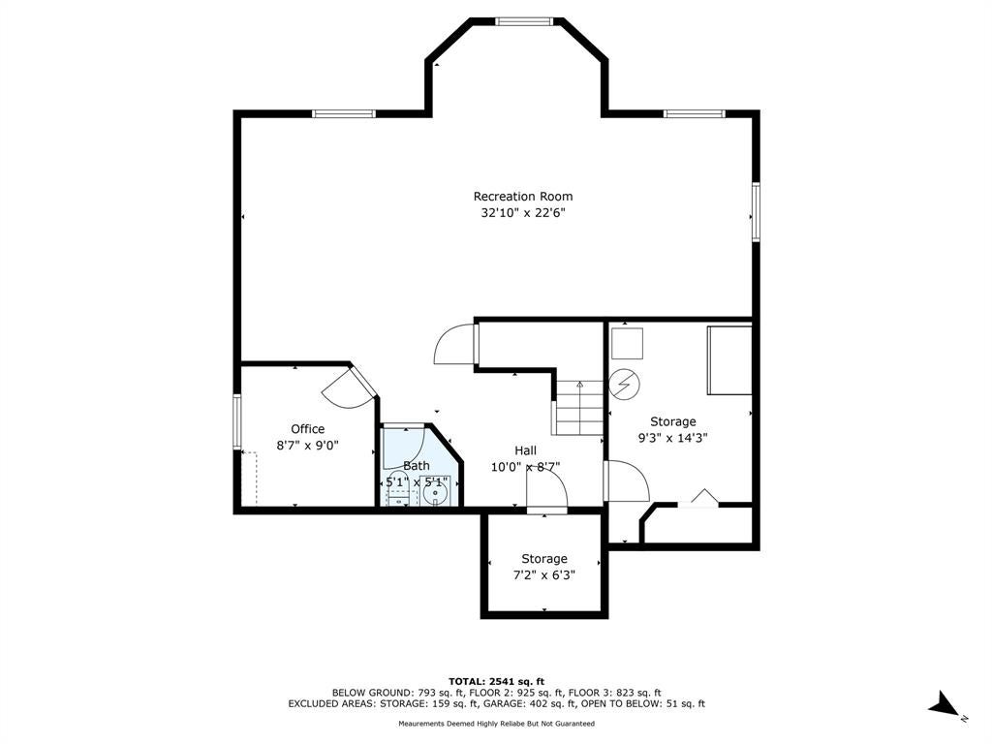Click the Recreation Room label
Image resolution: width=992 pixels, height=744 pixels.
[522, 196]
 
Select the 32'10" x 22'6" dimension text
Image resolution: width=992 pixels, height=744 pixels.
[522, 213]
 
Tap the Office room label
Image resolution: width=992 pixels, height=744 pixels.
[307, 429]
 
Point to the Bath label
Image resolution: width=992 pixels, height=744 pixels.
[417, 466]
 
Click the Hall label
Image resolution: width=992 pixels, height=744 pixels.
[525, 450]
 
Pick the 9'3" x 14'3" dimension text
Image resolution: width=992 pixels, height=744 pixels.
[672, 438]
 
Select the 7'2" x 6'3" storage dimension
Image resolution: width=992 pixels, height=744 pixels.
[544, 575]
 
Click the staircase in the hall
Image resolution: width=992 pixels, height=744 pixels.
[579, 408]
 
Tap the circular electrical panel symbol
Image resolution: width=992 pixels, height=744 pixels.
[625, 385]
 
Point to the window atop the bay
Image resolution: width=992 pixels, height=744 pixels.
[524, 21]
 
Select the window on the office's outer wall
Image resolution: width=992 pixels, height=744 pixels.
[237, 421]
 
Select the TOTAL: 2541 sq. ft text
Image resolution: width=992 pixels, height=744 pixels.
[496, 681]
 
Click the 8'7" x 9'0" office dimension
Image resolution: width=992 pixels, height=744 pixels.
[307, 446]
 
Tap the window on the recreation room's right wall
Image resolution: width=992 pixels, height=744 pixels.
[756, 212]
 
